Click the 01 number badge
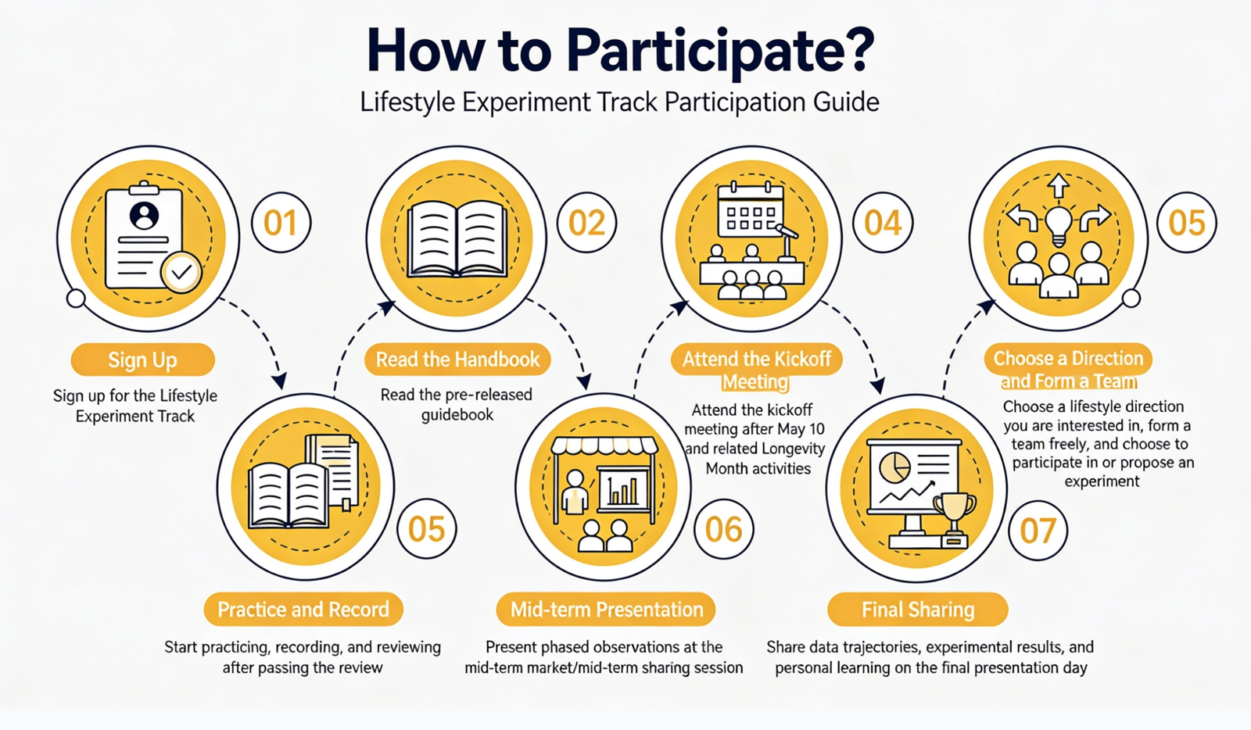tap(281, 223)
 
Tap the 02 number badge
tap(587, 223)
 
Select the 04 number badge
tap(883, 223)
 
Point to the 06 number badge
tap(724, 529)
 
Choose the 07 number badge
tap(1038, 530)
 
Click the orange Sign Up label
tap(143, 360)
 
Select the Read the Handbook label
tap(458, 360)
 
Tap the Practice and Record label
tap(303, 610)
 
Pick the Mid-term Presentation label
tap(607, 610)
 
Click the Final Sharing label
tap(918, 610)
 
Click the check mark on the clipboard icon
tap(181, 272)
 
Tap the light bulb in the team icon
tap(1059, 226)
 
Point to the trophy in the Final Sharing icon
tap(955, 517)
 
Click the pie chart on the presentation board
tap(895, 467)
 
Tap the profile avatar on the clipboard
tap(144, 216)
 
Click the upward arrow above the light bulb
tap(1059, 186)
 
